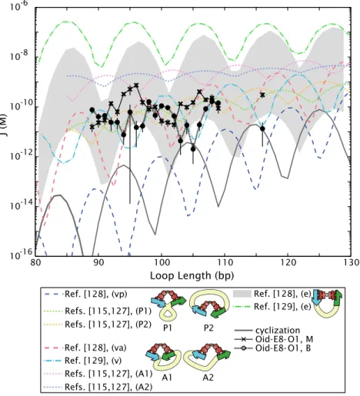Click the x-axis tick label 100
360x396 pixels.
click(162, 263)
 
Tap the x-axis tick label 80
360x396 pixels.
click(35, 263)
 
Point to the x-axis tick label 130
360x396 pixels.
click(351, 263)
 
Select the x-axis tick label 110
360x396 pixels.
click(225, 263)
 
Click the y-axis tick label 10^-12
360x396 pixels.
click(22, 155)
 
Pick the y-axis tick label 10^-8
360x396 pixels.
click(22, 55)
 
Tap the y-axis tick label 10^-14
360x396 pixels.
click(22, 205)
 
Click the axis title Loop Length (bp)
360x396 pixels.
click(192, 276)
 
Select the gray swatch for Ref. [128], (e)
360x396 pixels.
click(242, 294)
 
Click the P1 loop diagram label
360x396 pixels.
click(167, 328)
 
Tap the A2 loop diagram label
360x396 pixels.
click(208, 378)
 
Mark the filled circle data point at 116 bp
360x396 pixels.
click(262, 128)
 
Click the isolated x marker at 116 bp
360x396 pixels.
click(262, 95)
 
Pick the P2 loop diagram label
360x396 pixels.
click(208, 328)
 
